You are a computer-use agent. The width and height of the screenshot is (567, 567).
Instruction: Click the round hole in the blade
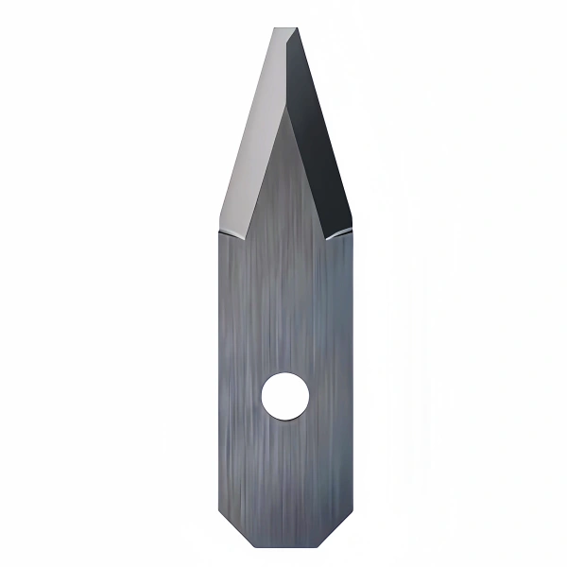click(x=283, y=397)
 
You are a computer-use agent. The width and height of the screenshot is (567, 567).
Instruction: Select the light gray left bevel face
click(x=252, y=142)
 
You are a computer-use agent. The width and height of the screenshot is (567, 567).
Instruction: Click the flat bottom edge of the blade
click(x=283, y=546)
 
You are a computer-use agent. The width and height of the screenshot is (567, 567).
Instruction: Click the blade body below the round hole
click(x=283, y=472)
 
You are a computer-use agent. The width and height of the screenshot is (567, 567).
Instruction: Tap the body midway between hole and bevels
click(x=283, y=302)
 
